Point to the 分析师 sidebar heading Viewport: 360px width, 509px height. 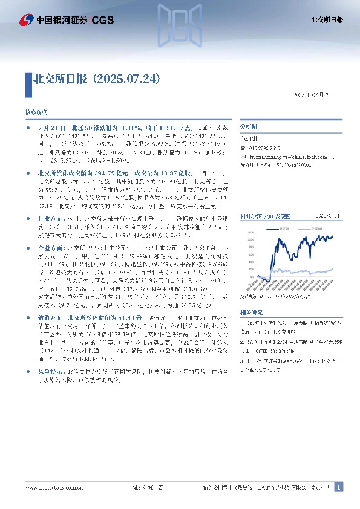pos(249,128)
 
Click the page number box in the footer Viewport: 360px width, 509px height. pos(339,487)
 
